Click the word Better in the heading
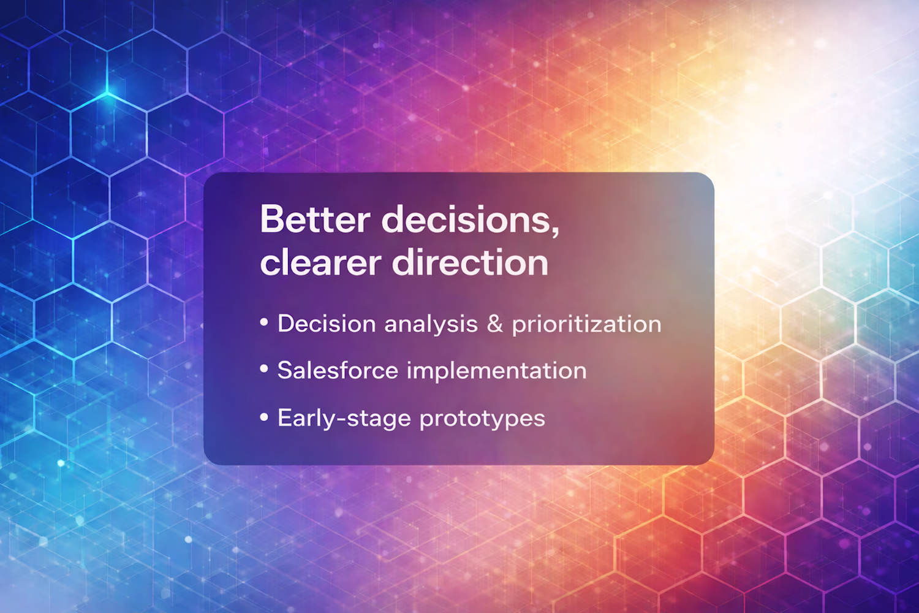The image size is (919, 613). pos(315,219)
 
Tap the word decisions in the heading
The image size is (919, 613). pos(466,219)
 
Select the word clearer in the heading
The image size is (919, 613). pos(320,263)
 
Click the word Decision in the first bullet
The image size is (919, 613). pos(327,324)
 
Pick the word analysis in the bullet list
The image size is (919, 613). pos(431,324)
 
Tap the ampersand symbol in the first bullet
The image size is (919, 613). pos(494,324)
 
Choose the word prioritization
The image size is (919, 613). pos(587,324)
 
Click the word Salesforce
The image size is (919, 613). pos(338,370)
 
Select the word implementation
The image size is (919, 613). pos(497,371)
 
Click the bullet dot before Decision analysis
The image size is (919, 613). pos(264,322)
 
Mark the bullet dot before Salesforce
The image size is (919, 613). pos(264,369)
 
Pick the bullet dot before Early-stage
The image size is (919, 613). pos(264,417)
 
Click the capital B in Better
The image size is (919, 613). pos(272,219)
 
